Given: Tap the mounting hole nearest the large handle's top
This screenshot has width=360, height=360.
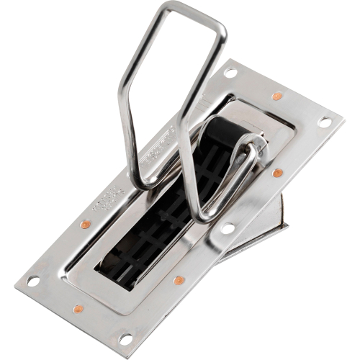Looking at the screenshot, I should coord(230,72).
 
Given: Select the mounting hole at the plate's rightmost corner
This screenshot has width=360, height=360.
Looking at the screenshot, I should coord(325,122).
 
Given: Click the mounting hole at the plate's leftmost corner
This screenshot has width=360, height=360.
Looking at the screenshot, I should coord(32,281).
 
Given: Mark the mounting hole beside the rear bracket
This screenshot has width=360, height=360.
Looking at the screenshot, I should coord(228,228).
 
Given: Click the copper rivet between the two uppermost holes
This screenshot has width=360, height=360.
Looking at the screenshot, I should coord(276,96).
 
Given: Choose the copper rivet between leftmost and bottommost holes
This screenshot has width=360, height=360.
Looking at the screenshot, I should coord(78,308).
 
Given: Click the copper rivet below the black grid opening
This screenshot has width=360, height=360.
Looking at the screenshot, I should coord(178,279).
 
